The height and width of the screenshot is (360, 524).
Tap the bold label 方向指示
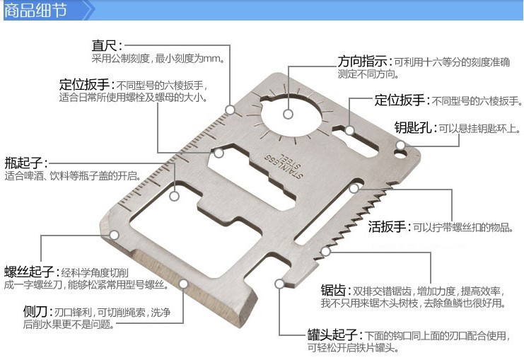pyautogui.click(x=363, y=61)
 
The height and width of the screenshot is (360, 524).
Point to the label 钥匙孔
pyautogui.click(x=414, y=128)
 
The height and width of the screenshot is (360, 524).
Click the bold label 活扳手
pyautogui.click(x=388, y=227)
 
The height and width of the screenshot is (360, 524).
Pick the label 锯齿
pyautogui.click(x=334, y=290)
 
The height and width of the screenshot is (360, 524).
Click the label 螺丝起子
pyautogui.click(x=30, y=272)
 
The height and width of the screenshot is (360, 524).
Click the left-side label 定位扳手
pyautogui.click(x=84, y=86)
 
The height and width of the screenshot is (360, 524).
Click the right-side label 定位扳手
pyautogui.click(x=400, y=100)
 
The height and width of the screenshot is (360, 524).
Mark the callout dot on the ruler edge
pyautogui.click(x=231, y=110)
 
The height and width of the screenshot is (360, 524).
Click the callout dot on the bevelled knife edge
pyautogui.click(x=184, y=284)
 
